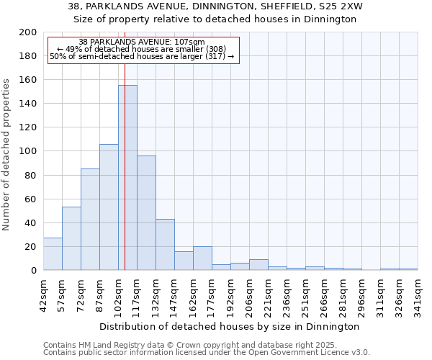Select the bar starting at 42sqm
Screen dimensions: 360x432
tap(53, 253)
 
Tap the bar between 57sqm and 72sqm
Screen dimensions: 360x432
tap(71, 238)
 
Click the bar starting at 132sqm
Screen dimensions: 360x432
tap(165, 245)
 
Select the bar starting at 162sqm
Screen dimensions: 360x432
tap(202, 258)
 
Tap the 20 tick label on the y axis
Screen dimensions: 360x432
tap(31, 247)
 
